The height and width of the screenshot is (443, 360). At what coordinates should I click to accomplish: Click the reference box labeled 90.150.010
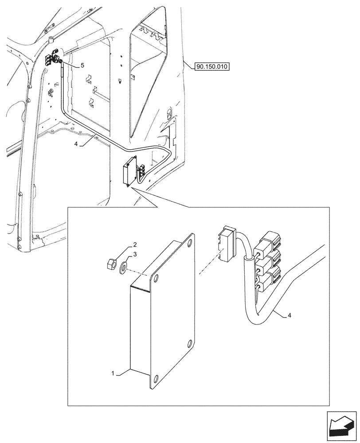pyautogui.click(x=211, y=67)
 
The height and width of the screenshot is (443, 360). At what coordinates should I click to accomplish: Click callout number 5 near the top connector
pyautogui.click(x=82, y=65)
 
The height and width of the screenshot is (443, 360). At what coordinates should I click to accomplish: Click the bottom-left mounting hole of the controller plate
pyautogui.click(x=155, y=379)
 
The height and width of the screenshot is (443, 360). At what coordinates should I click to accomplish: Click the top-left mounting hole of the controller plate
pyautogui.click(x=155, y=278)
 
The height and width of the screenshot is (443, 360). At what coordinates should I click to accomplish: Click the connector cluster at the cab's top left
pyautogui.click(x=52, y=59)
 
